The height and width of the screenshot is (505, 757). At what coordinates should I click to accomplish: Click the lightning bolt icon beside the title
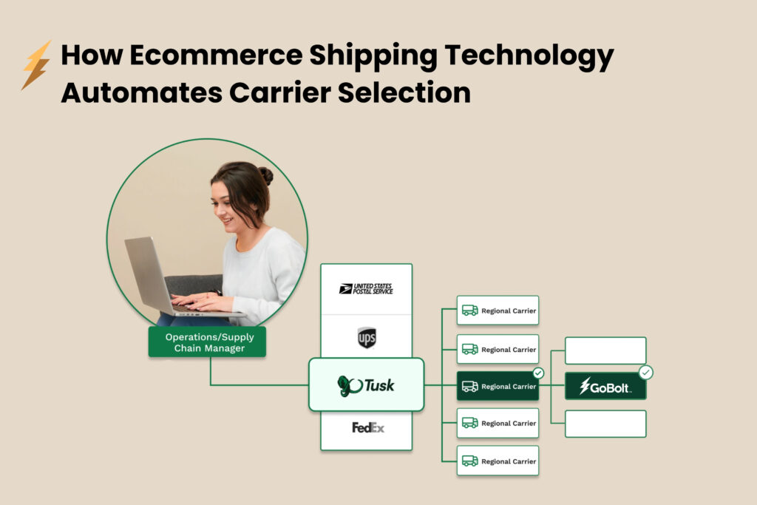click(x=36, y=65)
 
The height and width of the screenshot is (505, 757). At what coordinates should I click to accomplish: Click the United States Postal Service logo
click(x=366, y=289)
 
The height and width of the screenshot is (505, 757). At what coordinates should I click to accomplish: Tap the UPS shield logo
click(x=367, y=337)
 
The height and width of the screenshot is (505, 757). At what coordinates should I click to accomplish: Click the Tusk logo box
click(x=366, y=384)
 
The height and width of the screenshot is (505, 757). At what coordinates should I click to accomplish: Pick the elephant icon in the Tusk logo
click(x=348, y=385)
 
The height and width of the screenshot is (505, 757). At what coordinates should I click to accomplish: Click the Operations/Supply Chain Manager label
click(x=207, y=342)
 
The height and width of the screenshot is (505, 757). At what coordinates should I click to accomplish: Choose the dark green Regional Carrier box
click(x=498, y=386)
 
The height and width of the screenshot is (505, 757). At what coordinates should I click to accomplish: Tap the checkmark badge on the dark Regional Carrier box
click(x=538, y=373)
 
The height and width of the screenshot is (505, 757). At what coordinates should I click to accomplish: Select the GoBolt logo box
click(x=605, y=386)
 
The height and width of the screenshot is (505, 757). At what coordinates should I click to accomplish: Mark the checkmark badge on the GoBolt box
click(x=646, y=373)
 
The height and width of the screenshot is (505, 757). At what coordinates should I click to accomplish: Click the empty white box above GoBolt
click(x=605, y=350)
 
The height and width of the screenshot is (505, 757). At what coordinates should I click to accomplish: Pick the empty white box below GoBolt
click(x=605, y=424)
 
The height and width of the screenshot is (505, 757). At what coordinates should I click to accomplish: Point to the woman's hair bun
click(x=265, y=174)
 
